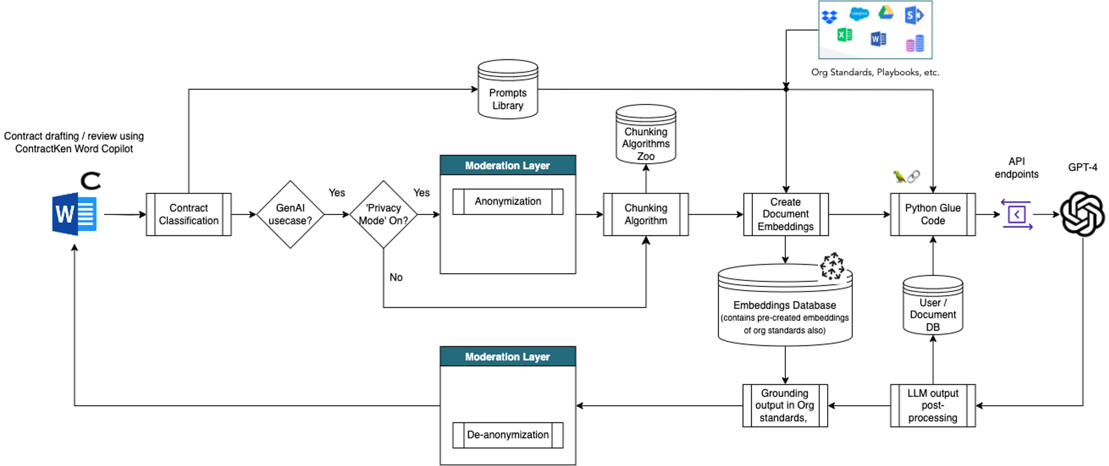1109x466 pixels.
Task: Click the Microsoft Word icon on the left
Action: tap(74, 214)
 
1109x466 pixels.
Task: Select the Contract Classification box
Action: tap(189, 214)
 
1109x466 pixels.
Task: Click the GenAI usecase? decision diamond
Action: tap(290, 214)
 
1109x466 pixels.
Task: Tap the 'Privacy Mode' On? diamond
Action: tap(383, 214)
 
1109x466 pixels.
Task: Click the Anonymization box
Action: tap(508, 202)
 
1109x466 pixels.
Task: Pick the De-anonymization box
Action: tap(508, 435)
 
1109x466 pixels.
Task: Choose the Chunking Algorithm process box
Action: tap(646, 214)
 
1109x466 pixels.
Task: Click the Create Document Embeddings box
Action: tap(786, 214)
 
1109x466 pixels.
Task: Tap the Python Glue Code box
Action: tap(933, 214)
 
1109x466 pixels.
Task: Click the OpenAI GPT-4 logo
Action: tap(1082, 214)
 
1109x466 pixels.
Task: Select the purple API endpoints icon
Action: tap(1016, 214)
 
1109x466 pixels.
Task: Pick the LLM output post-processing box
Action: tap(933, 406)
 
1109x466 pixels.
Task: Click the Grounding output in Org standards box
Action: tap(785, 406)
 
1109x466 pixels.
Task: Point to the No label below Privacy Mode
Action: tap(396, 278)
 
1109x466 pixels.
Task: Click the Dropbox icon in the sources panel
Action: tap(829, 17)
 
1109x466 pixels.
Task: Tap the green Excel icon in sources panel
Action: tap(844, 35)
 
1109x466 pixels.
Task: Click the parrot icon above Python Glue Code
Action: tap(899, 176)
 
